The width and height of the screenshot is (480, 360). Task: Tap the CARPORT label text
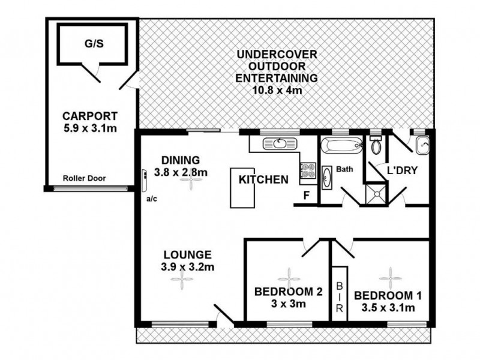[90, 116]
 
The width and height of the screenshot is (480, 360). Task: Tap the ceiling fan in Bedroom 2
[289, 277]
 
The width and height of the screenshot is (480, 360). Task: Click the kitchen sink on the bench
[280, 143]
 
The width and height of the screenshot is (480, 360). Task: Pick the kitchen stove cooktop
[308, 171]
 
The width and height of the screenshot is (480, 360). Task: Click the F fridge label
[306, 195]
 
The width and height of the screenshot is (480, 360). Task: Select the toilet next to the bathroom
[376, 146]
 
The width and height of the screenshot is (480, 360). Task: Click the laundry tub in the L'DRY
[422, 145]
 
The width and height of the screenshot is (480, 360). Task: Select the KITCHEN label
[263, 179]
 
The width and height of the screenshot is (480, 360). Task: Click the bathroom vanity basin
[328, 178]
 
